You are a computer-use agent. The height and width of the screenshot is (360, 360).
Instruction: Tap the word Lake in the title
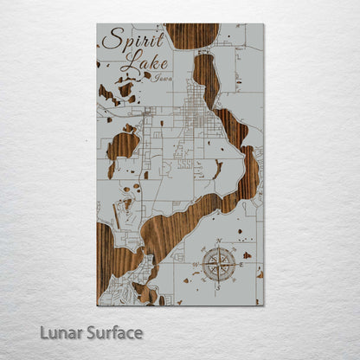(135, 62)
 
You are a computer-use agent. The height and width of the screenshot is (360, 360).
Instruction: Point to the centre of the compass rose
(219, 262)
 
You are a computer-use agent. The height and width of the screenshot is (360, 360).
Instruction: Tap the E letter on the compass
(241, 262)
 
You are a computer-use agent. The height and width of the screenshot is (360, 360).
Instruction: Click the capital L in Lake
(125, 62)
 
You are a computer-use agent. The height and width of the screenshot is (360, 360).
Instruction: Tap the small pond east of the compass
(247, 255)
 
